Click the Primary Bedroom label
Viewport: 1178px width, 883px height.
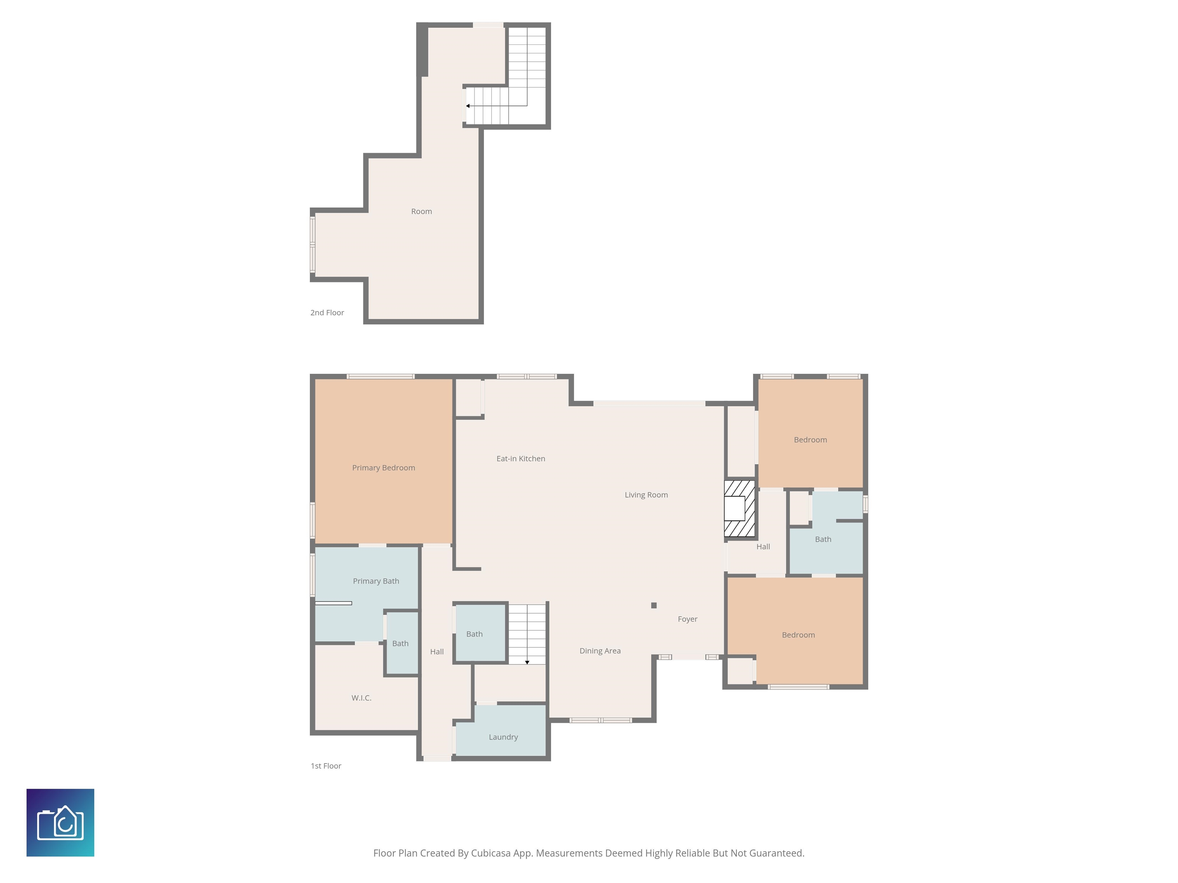tap(383, 468)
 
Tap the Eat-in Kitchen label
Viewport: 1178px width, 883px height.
tap(521, 459)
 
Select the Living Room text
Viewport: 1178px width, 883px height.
tap(646, 495)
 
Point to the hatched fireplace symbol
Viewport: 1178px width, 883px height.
tap(740, 508)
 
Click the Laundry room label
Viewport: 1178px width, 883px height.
tap(503, 737)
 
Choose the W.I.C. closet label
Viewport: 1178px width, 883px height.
tap(362, 698)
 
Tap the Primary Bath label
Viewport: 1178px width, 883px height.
tap(376, 581)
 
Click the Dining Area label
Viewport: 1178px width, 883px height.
tap(600, 651)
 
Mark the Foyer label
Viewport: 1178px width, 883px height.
tap(688, 619)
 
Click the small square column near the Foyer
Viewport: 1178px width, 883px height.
tap(654, 605)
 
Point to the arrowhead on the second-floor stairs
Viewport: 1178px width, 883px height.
tap(467, 106)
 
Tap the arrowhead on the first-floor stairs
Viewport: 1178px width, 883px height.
tap(527, 662)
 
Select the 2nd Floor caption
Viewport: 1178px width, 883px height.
tap(327, 313)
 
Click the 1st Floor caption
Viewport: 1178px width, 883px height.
tap(326, 766)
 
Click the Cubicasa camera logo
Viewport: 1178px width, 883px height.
tap(60, 822)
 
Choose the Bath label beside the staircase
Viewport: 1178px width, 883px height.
tap(474, 634)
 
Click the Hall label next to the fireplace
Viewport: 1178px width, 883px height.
tap(763, 547)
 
